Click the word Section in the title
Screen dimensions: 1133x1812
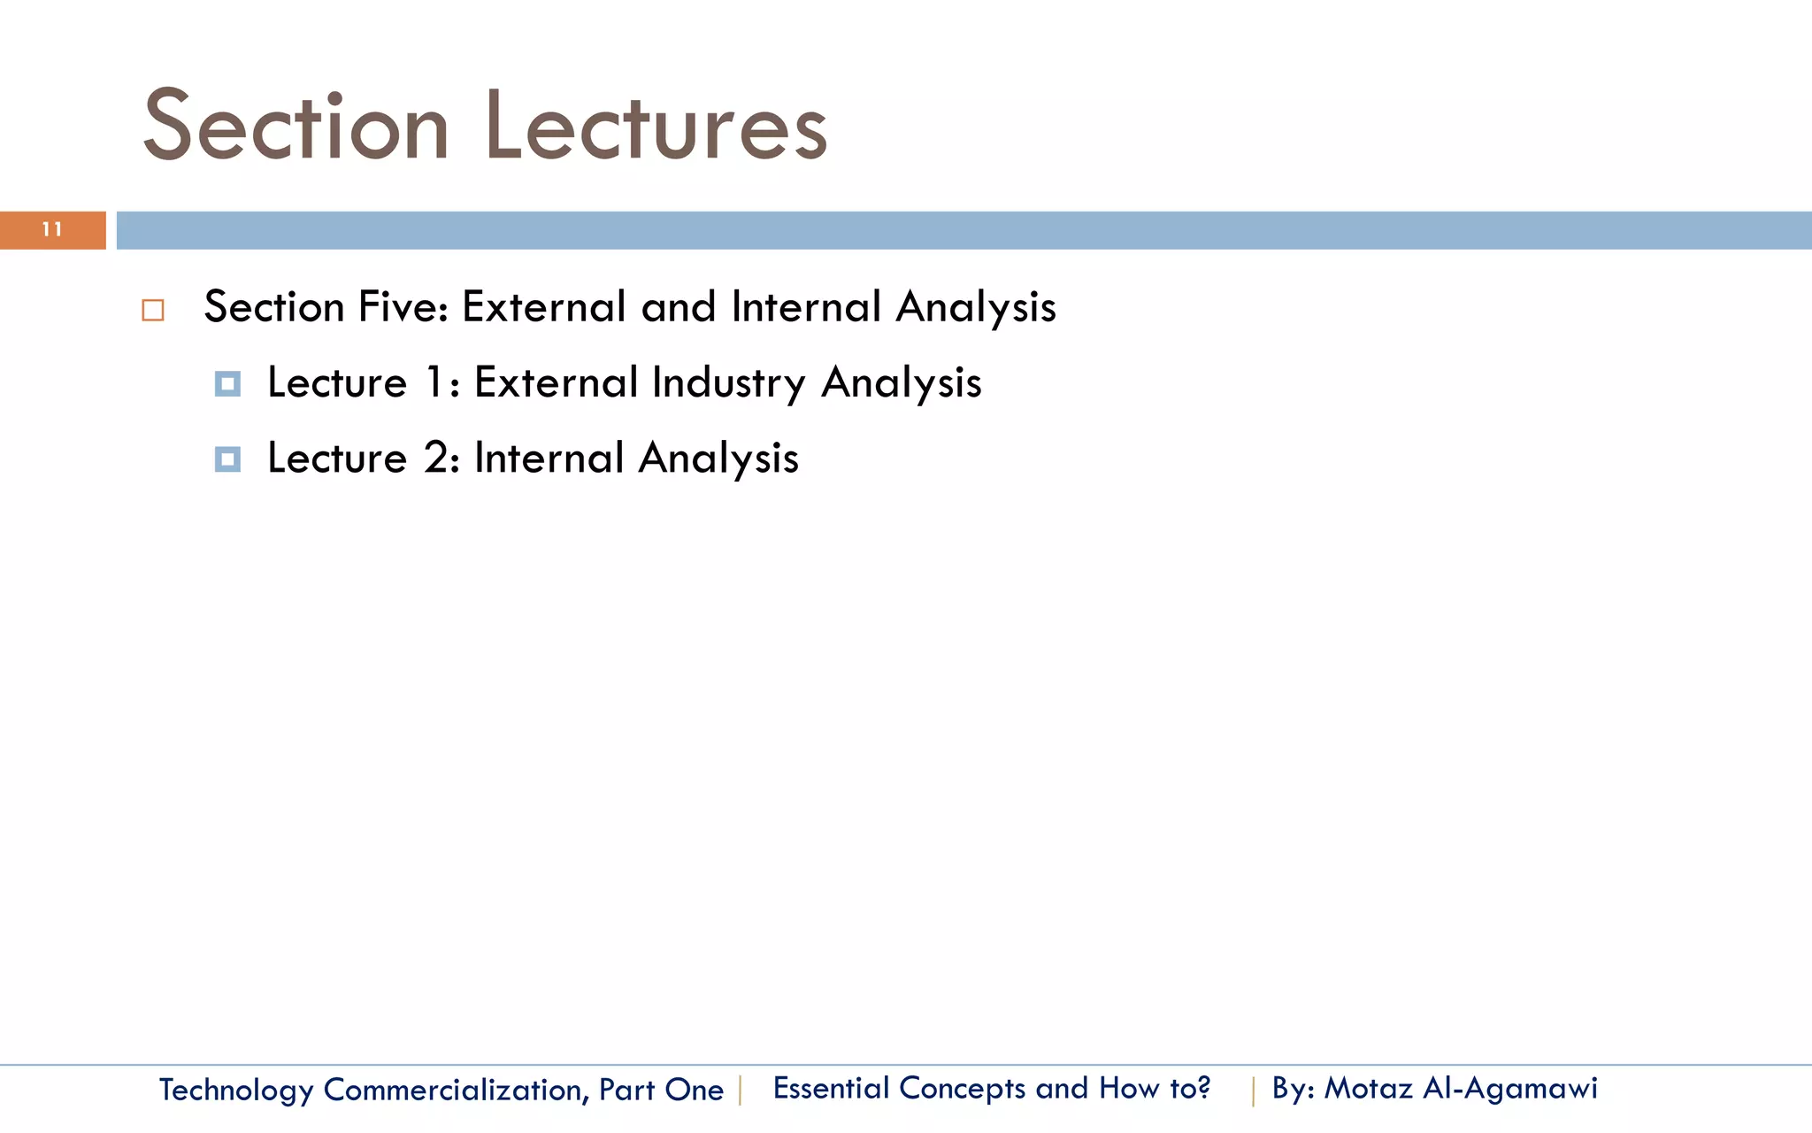click(296, 127)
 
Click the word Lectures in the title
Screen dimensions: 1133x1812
click(656, 127)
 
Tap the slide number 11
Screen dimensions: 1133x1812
click(52, 230)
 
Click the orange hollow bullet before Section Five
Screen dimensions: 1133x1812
click(153, 311)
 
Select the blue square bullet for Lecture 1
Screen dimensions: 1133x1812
click(227, 384)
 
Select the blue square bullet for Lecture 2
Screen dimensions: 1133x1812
click(227, 459)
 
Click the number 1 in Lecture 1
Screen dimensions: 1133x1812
click(434, 382)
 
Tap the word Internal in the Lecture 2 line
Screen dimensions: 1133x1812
click(549, 459)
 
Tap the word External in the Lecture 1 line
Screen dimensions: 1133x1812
click(556, 382)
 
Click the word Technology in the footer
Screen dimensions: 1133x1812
click(236, 1090)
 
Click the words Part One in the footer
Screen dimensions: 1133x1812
click(661, 1090)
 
